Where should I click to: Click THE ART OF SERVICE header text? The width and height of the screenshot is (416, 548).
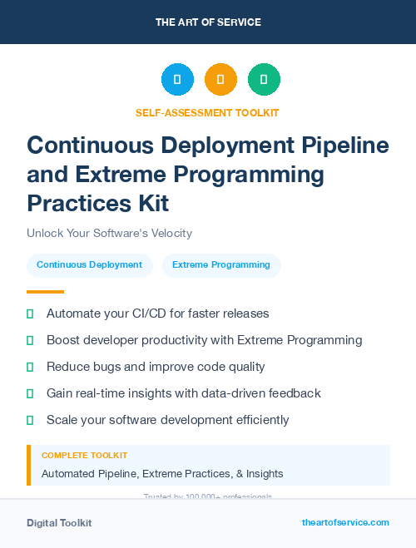tap(208, 22)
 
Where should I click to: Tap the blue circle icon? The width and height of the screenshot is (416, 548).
tap(177, 80)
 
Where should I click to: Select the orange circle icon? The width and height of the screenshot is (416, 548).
tap(220, 80)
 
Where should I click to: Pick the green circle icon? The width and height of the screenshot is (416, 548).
tap(264, 80)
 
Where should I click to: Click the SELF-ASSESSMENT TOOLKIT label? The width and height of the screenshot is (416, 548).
tap(207, 113)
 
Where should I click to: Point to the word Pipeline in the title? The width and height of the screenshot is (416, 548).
tap(342, 145)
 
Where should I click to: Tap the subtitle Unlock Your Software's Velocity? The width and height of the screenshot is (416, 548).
tap(109, 233)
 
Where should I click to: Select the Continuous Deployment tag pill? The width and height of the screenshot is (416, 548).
tap(89, 265)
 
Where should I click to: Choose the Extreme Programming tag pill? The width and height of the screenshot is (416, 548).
tap(221, 265)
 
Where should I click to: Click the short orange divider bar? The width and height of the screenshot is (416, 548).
tap(45, 292)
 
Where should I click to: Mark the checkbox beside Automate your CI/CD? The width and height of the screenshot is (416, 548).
tap(31, 313)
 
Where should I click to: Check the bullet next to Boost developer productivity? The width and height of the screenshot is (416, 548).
tap(31, 340)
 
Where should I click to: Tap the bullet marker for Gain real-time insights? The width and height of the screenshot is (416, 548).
tap(31, 393)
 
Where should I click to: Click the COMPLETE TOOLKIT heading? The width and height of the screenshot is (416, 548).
tap(84, 456)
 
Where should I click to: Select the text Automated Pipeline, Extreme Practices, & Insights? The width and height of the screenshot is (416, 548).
tap(162, 474)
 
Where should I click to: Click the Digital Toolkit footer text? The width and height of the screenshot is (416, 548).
tap(59, 523)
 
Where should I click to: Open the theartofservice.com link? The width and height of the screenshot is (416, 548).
tap(345, 522)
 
